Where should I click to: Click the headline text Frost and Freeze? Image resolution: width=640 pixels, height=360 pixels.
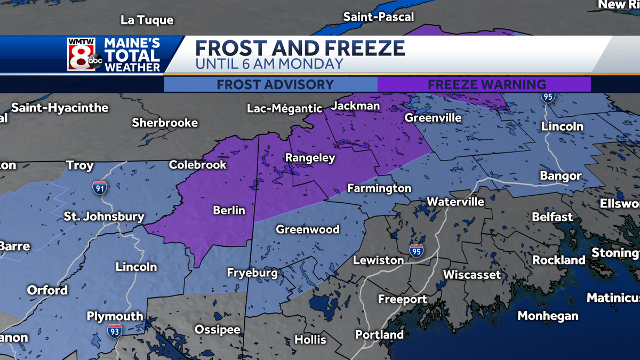click(300, 49)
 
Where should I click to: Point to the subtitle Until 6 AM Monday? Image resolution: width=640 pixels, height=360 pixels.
click(269, 65)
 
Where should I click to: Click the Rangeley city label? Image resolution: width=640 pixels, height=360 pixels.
click(310, 158)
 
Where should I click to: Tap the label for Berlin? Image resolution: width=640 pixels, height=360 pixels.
click(229, 210)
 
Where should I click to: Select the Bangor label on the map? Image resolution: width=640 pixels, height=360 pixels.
click(561, 175)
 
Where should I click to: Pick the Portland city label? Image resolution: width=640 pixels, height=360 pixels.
click(380, 335)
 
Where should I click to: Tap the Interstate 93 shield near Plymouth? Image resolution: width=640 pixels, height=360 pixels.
click(114, 330)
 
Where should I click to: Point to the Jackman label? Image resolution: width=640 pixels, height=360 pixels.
click(356, 106)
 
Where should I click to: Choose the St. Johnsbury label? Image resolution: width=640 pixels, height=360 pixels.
click(104, 217)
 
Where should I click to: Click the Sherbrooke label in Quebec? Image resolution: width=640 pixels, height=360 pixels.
click(165, 123)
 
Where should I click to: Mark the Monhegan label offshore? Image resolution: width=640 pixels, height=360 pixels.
click(548, 316)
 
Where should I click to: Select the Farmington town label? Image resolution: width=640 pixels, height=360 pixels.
click(379, 188)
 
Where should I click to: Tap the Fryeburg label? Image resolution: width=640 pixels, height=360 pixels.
click(252, 273)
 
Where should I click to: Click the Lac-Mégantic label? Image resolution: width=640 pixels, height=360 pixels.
click(285, 109)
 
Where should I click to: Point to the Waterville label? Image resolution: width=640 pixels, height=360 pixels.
click(455, 202)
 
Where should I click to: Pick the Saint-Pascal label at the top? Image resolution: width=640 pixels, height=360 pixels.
click(378, 17)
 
